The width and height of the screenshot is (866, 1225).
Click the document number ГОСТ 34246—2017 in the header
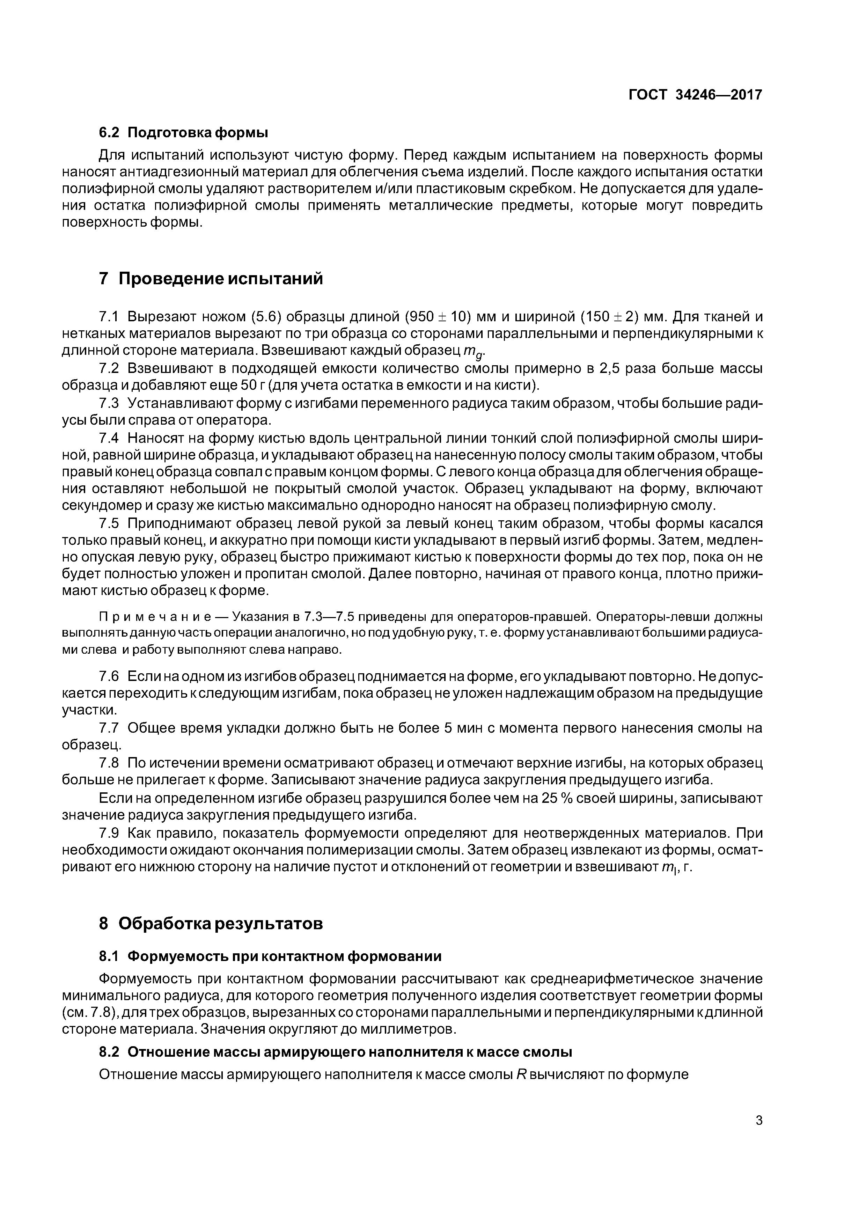pyautogui.click(x=695, y=95)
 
